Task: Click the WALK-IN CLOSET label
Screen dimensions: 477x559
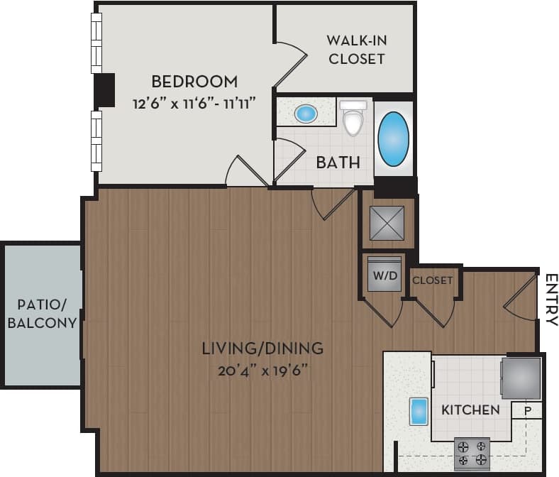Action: (356, 49)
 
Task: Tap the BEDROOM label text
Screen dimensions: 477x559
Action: (194, 81)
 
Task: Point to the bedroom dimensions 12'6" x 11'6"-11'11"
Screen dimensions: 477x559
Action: (194, 103)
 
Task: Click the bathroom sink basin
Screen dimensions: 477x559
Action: (306, 113)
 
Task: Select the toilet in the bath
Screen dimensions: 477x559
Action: (353, 118)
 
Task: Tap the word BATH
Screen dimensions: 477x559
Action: (338, 163)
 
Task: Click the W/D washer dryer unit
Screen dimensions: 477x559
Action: (383, 275)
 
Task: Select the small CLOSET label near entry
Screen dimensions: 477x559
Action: (433, 280)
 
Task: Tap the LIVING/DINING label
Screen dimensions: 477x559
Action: (262, 349)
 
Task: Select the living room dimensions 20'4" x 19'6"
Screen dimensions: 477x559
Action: (262, 370)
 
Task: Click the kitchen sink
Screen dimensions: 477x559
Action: (419, 411)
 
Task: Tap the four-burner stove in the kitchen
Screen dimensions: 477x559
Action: (472, 453)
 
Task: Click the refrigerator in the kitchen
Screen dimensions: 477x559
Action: (521, 378)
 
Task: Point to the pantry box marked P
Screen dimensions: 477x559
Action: (528, 410)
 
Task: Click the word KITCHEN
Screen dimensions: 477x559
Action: (470, 410)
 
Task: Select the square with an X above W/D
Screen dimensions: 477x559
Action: (386, 223)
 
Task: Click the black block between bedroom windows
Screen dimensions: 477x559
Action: (105, 90)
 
